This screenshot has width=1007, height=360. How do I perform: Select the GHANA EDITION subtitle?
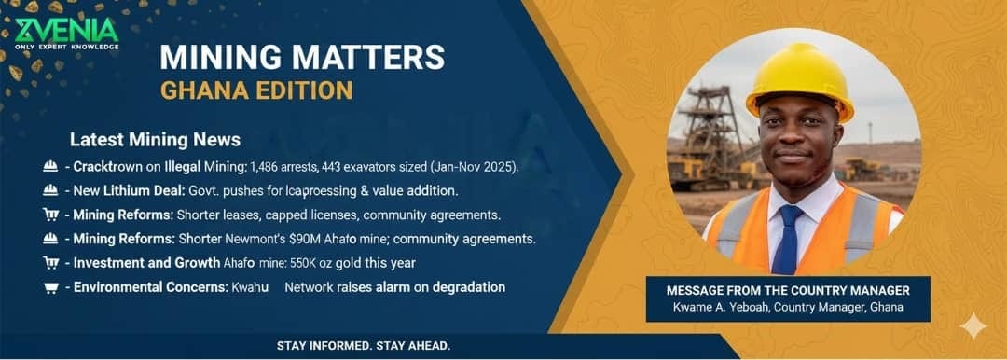point(256,90)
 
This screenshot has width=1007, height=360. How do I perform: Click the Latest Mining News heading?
point(155,140)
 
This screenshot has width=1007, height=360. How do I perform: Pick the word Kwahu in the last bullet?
point(251,287)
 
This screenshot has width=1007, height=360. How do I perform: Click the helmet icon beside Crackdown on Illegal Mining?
point(51,167)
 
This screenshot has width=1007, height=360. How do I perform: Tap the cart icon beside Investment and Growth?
point(51,263)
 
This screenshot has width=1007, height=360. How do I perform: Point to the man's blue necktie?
point(790,238)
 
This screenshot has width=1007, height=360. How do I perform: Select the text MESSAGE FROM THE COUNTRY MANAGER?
point(788,291)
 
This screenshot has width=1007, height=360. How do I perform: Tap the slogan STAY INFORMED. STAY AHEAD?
point(364,346)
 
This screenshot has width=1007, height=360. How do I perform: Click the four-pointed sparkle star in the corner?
point(973,326)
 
